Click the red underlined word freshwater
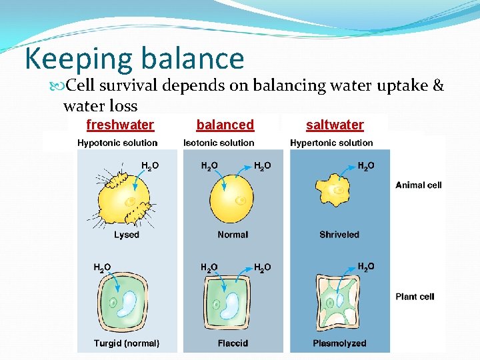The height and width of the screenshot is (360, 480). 120,125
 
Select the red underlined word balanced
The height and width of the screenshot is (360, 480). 225,125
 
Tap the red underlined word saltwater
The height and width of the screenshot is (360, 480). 335,125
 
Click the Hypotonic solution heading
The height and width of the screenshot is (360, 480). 117,143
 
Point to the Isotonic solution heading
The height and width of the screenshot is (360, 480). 219,143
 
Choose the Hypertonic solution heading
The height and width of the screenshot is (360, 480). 331,143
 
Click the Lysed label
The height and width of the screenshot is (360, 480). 127,235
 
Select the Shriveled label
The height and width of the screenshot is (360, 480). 339,235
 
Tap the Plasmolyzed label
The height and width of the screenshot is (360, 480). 339,343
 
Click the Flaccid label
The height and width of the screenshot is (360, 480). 233,343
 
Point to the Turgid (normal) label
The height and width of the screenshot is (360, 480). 127,343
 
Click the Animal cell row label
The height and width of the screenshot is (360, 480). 419,185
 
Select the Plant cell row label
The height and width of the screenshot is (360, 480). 415,297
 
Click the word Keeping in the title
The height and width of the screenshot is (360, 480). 77,59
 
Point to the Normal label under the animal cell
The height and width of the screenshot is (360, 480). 233,235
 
